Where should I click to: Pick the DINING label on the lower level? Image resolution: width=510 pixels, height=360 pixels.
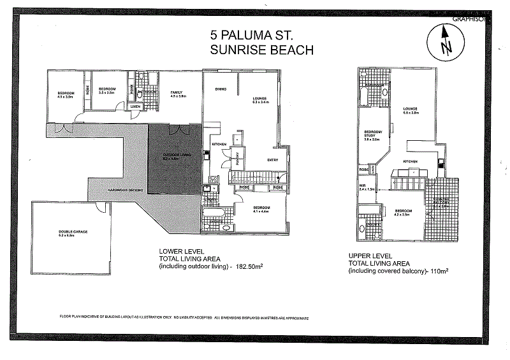(221, 89)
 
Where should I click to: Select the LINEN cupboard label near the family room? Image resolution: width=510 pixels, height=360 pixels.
(136, 106)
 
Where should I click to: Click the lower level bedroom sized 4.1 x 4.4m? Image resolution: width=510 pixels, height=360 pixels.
(261, 210)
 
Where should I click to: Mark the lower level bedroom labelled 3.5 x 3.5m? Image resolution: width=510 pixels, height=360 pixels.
(106, 90)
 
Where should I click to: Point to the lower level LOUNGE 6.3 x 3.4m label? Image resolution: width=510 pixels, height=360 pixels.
(263, 99)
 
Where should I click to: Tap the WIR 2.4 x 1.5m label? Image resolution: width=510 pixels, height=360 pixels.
(367, 188)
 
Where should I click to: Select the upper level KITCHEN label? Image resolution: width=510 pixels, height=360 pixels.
(410, 162)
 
